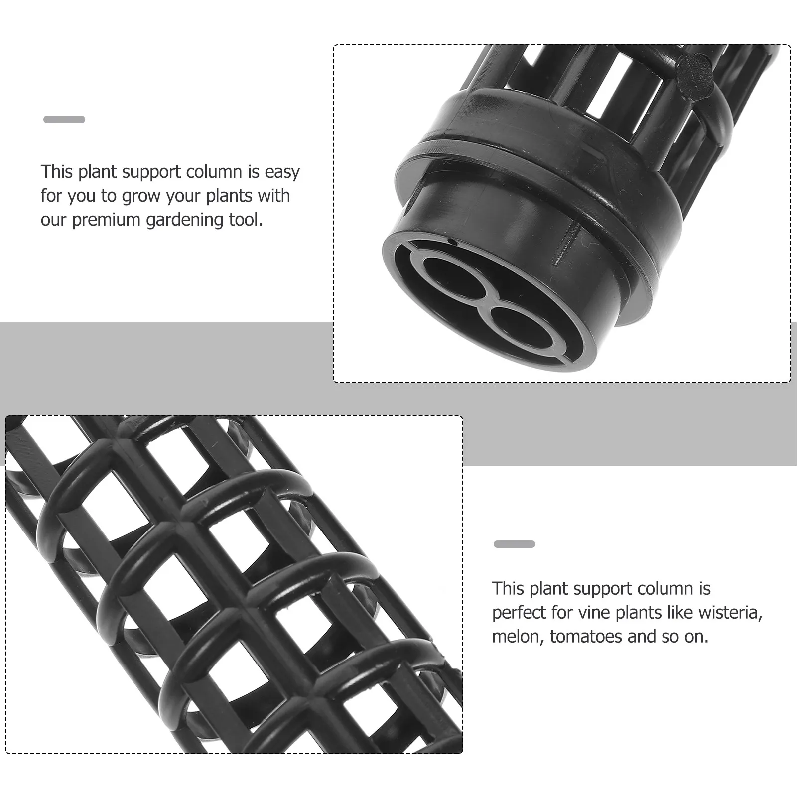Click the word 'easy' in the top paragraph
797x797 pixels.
282,172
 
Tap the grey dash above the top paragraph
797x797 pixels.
64,119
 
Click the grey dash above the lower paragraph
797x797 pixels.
515,544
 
